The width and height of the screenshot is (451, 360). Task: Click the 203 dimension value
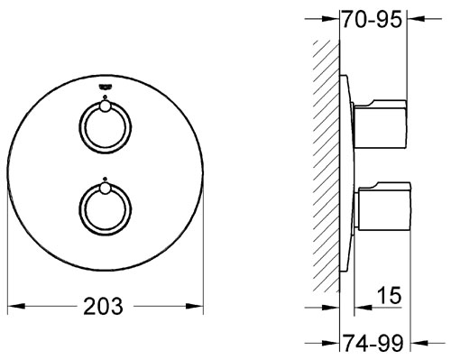click(103, 306)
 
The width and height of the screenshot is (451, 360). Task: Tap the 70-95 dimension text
click(372, 20)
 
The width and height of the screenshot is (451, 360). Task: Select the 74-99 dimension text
click(373, 343)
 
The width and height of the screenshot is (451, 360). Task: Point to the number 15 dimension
click(389, 295)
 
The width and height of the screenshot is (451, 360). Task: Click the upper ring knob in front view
click(106, 127)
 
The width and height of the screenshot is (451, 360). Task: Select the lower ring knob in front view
click(106, 209)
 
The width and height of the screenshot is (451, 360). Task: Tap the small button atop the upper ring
click(106, 106)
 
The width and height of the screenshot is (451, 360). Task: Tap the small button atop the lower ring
click(106, 189)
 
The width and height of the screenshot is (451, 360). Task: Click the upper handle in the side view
click(381, 124)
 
